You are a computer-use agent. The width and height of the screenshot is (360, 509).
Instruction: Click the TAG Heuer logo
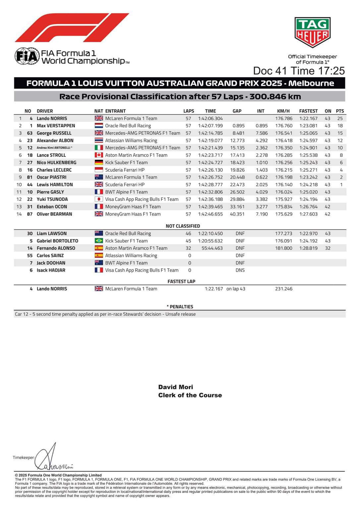312,32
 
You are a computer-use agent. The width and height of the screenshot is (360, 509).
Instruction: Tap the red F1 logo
72,28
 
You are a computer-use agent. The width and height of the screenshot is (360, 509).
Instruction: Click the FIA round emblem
26,56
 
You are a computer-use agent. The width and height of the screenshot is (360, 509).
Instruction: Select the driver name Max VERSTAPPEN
56,126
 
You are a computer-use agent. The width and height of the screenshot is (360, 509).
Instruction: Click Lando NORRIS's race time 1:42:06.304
210,119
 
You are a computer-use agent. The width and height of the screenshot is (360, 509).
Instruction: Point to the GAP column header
237,111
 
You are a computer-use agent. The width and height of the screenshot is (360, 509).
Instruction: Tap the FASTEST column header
308,111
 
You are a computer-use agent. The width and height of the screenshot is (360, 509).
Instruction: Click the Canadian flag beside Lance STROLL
99,155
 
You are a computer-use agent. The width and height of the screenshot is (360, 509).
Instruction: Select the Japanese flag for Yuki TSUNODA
99,199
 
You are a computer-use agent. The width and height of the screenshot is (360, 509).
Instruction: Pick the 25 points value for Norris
340,119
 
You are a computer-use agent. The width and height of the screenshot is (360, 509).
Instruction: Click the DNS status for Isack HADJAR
240,270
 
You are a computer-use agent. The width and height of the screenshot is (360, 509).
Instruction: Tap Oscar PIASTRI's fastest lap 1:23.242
308,177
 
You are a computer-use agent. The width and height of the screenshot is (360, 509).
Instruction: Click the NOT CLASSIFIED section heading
183,226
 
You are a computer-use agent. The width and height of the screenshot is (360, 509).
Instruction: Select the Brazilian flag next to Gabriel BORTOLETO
99,241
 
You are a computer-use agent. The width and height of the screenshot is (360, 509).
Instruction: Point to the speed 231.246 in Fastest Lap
284,289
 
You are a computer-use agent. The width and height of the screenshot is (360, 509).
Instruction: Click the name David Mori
176,387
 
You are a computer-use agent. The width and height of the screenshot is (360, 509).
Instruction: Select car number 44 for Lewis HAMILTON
30,185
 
